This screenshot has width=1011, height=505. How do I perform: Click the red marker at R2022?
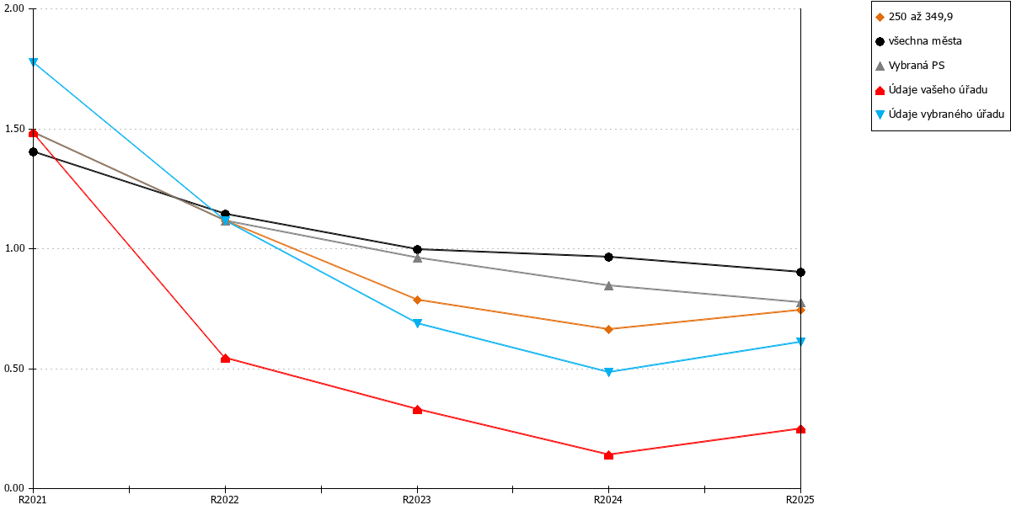coord(225,359)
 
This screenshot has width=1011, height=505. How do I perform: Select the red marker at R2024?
coord(608,455)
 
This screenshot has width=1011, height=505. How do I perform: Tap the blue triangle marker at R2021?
coord(34,61)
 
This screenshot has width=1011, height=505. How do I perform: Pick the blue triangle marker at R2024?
coord(608,372)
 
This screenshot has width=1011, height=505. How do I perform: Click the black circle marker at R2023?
coord(418,249)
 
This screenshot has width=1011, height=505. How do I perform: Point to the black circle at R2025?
coord(800,273)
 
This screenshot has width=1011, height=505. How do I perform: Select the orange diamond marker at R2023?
coord(418,300)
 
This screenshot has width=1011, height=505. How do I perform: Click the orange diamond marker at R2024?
coord(608,330)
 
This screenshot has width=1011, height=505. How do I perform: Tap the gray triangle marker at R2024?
coord(608,285)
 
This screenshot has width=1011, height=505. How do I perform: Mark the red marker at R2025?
coord(800,429)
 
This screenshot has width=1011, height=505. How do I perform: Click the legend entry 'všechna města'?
coord(918,41)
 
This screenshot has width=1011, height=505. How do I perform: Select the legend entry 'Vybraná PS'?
coord(910,66)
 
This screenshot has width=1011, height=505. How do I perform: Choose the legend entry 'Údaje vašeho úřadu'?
coord(932,90)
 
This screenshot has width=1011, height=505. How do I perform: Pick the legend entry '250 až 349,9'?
coord(914,17)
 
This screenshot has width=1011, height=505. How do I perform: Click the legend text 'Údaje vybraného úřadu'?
coord(946,114)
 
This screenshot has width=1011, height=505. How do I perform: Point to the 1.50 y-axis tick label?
coord(14,129)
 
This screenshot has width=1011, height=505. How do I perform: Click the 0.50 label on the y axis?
coord(14,369)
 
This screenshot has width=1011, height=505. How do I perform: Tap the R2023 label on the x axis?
coord(416,500)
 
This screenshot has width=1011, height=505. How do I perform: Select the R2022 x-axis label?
coord(225,500)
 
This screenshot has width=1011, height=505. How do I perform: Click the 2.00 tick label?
coord(14,9)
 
